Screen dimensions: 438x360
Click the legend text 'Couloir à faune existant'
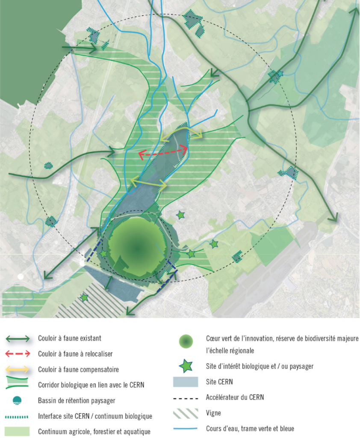70,338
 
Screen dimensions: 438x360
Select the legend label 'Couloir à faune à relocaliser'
75,354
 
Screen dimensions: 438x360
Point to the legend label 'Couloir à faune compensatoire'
78,369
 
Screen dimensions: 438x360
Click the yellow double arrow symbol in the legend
18,369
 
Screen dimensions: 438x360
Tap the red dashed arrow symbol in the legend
18,354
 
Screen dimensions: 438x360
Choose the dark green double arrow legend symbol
18,339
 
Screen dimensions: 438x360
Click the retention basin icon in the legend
18,400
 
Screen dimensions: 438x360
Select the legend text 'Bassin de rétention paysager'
77,400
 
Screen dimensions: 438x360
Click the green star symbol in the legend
186,367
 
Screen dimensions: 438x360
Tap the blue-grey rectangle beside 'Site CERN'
186,382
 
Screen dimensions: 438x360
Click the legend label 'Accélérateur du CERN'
235,397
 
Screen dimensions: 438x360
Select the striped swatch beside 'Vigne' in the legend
186,413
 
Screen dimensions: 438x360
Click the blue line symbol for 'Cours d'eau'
186,428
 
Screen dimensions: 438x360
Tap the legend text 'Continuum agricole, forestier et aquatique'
94,431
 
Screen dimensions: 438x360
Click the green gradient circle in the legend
186,341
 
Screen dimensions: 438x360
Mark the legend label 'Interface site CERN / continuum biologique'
95,416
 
